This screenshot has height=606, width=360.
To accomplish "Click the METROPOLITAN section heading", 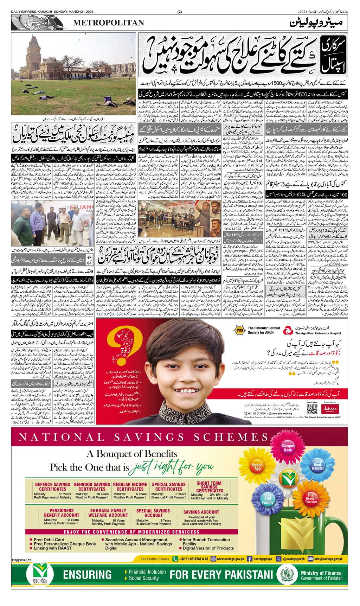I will pos(109,23).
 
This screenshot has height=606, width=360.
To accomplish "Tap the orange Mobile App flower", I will pos(257,467).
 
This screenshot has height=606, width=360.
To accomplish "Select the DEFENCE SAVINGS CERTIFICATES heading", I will pos(53,487).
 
